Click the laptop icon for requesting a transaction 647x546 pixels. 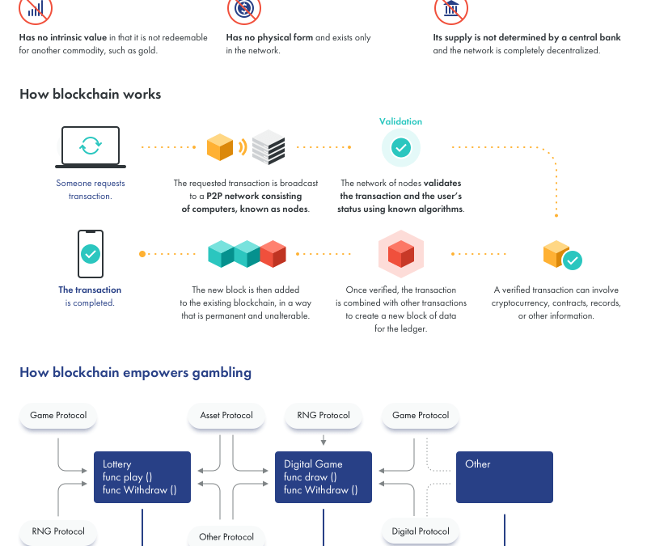tap(91, 147)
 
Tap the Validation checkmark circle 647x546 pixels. tap(400, 147)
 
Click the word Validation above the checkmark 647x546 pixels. tap(400, 121)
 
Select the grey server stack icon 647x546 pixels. tap(269, 147)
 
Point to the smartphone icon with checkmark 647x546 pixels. tap(91, 254)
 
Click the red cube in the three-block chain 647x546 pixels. tap(273, 254)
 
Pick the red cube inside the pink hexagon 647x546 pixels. tap(401, 254)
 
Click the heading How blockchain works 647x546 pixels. tap(91, 94)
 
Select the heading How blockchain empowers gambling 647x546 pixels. tap(135, 372)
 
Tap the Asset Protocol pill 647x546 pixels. tap(226, 415)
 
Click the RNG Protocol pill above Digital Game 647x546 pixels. tap(323, 415)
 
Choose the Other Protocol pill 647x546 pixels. tap(226, 536)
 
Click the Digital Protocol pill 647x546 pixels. tap(421, 531)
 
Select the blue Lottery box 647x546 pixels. tap(142, 477)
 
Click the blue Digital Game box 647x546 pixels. tap(323, 477)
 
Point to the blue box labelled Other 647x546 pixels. tap(505, 477)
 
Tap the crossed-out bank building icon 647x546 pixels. tap(451, 8)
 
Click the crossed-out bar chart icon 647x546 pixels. tap(36, 8)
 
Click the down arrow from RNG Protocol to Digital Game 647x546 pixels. tap(323, 440)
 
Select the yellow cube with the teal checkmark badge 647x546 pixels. tap(562, 255)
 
